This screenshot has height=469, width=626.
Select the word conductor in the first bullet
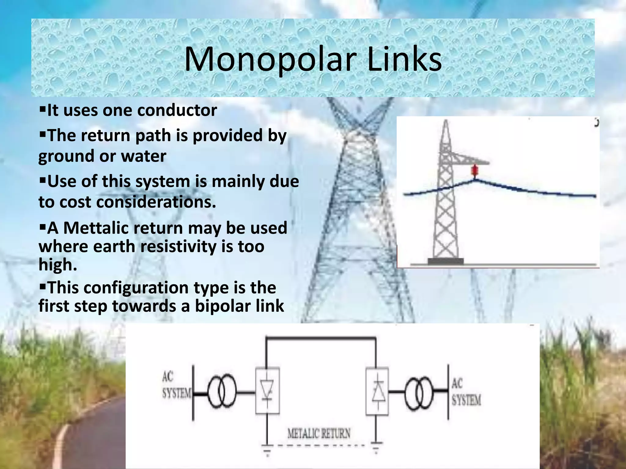pos(177,110)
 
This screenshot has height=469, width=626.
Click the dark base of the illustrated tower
pos(445,261)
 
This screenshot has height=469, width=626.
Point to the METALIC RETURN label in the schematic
pos(319,434)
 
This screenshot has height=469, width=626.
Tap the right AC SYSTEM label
pos(466,392)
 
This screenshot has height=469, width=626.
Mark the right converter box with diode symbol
pos(377,391)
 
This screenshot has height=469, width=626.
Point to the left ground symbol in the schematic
pos(267,449)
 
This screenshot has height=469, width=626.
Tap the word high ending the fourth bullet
pos(57,265)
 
